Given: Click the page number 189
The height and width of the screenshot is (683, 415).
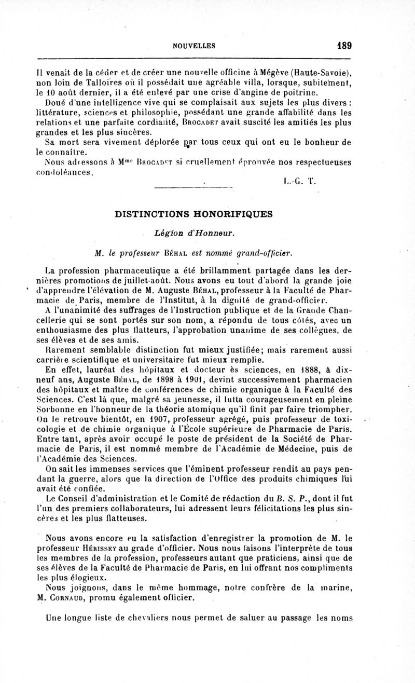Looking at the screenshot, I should pyautogui.click(x=343, y=45).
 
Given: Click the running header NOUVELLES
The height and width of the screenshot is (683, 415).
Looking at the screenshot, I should pyautogui.click(x=195, y=46).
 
